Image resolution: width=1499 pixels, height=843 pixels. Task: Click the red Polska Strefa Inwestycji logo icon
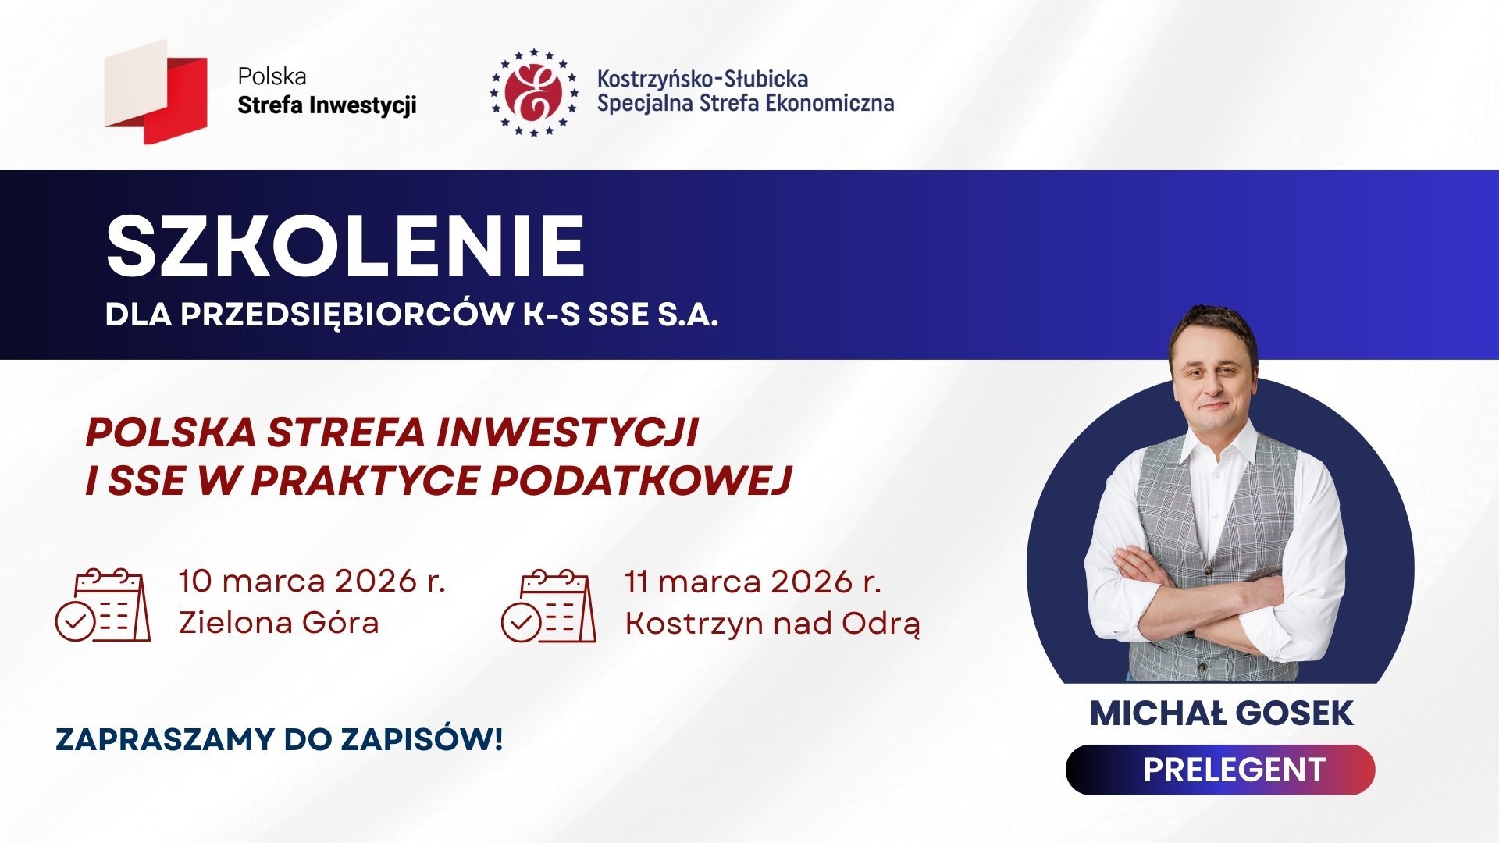click(x=157, y=92)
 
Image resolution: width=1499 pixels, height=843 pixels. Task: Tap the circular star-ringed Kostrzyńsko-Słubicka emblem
click(x=534, y=92)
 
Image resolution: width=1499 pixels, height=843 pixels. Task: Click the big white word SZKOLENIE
click(x=345, y=247)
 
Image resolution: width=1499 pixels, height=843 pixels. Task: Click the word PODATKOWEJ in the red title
click(x=641, y=480)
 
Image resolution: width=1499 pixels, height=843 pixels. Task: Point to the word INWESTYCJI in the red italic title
click(x=567, y=432)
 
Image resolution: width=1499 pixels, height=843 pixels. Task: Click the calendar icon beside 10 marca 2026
click(x=103, y=606)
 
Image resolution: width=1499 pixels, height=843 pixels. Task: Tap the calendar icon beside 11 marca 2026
click(x=548, y=606)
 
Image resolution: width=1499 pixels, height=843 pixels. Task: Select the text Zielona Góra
click(x=279, y=623)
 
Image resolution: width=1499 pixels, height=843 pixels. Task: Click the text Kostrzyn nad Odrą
click(x=772, y=624)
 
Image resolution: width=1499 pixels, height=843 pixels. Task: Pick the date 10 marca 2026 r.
click(x=312, y=582)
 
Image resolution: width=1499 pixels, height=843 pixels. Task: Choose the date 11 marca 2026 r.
click(x=753, y=582)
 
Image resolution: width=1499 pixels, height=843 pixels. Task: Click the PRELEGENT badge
click(x=1219, y=770)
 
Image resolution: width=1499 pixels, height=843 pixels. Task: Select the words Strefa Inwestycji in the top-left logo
click(x=326, y=105)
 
